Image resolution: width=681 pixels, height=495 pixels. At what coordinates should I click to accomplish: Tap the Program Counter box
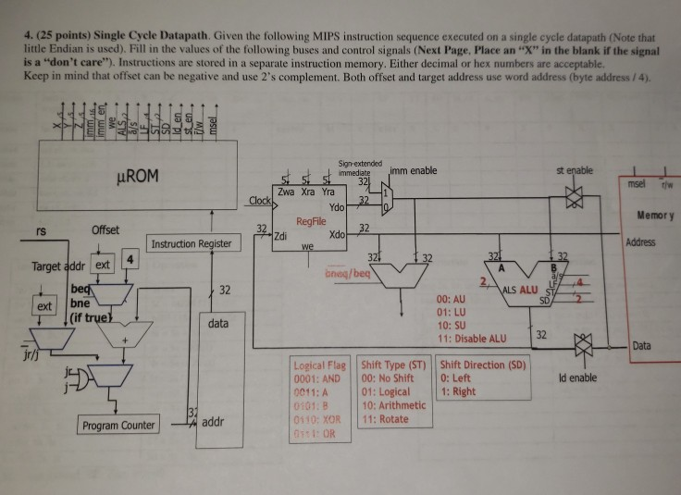pyautogui.click(x=118, y=426)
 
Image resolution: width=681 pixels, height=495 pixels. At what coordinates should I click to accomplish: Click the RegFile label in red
pyautogui.click(x=311, y=222)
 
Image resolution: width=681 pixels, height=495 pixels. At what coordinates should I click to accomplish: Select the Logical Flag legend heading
pyautogui.click(x=317, y=365)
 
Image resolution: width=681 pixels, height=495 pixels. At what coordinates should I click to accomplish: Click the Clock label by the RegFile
pyautogui.click(x=258, y=200)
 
